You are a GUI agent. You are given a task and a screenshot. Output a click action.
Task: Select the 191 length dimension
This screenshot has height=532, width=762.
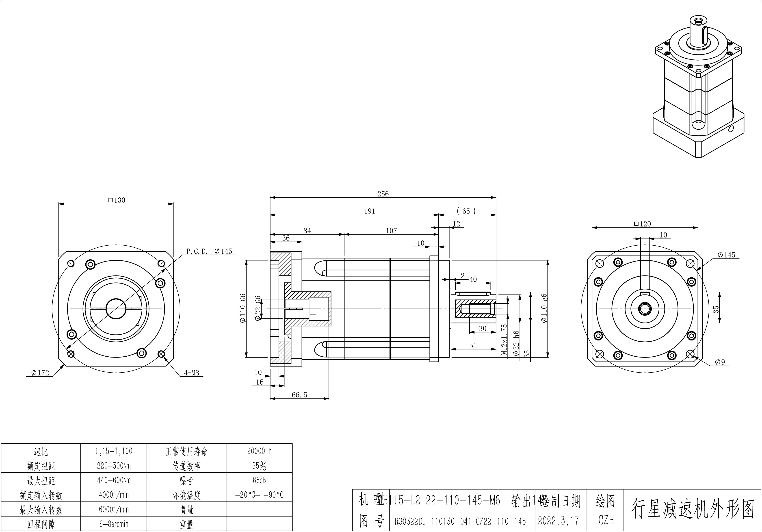point(369,211)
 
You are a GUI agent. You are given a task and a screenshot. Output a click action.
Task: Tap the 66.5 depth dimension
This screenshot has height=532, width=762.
point(299,395)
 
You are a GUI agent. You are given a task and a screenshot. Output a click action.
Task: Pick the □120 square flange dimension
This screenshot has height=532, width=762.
point(643,224)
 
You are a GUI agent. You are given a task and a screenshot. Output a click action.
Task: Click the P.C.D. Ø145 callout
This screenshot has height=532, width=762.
point(209,251)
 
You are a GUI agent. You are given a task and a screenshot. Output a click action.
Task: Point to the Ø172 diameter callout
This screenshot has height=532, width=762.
point(40,373)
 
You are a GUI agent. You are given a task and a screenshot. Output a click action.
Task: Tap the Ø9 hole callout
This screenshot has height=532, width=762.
point(720,362)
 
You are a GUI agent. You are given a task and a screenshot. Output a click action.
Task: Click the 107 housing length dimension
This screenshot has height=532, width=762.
point(391,231)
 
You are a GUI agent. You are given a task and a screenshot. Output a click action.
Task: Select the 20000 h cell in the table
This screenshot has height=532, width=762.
point(259,451)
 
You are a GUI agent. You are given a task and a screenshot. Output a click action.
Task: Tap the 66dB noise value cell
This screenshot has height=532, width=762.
point(259,480)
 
